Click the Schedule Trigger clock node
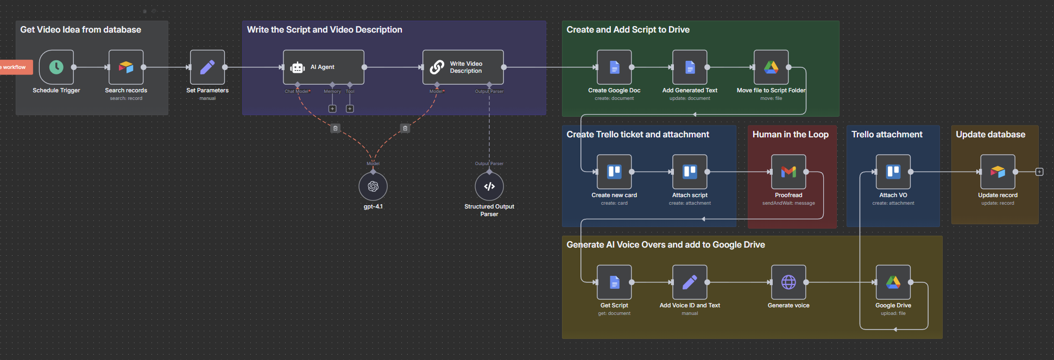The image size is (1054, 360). click(56, 67)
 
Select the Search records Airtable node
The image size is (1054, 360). click(126, 67)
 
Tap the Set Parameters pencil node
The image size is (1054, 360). click(207, 67)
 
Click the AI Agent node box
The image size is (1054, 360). click(324, 67)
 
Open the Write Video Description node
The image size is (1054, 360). click(463, 67)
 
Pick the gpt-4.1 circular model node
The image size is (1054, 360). click(373, 187)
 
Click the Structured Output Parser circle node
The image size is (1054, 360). click(489, 187)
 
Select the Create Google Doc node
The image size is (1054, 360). click(614, 67)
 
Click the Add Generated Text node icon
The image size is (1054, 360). click(690, 67)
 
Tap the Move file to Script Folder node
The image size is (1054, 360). click(771, 67)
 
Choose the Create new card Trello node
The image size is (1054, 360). click(614, 172)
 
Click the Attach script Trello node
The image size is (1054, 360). click(690, 172)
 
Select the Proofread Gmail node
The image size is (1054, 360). click(788, 172)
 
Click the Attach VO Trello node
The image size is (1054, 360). click(893, 172)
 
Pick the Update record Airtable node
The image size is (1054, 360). click(998, 172)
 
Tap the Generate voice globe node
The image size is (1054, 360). click(788, 282)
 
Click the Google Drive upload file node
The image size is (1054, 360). click(893, 282)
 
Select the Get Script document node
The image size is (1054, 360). click(614, 282)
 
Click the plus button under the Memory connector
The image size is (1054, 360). click(332, 109)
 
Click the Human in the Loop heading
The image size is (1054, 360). click(790, 135)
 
